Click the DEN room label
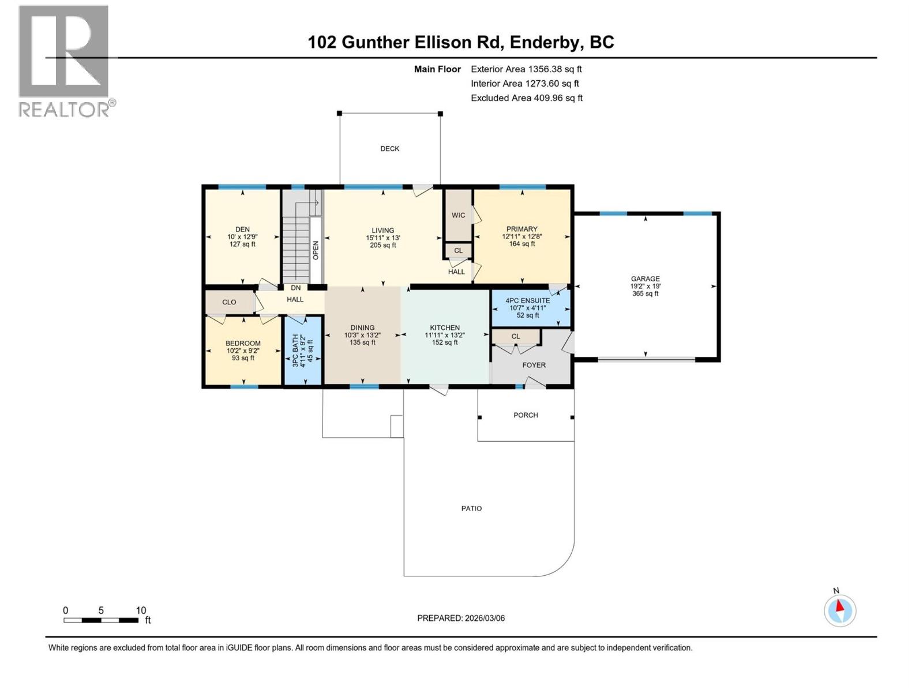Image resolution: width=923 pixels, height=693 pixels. pos(242,229)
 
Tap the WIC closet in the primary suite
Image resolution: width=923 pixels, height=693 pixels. pos(458,215)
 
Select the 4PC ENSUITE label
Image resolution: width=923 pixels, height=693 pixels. pos(527,300)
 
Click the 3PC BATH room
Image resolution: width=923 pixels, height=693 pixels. pos(302,351)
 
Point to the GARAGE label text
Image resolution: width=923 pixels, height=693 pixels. pos(645,278)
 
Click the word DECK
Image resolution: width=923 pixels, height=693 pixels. pos(389,148)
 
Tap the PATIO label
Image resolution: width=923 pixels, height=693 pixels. pos(471,508)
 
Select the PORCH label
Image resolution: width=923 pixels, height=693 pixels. pos(526,415)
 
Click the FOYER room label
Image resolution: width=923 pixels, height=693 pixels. pos(534,365)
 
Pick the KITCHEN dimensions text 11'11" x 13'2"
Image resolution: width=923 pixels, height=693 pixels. pos(445,335)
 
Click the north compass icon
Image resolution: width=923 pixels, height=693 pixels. pos(840,610)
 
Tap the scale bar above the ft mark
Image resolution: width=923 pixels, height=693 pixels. pos(101,620)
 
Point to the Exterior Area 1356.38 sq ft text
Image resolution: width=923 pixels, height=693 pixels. pos(526,69)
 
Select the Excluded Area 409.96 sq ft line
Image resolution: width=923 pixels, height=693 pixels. pos(526,98)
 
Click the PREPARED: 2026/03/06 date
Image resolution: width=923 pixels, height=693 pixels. pos(461,618)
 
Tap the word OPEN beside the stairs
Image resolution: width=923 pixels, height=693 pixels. pos(316,250)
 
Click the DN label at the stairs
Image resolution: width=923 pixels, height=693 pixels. pos(295,288)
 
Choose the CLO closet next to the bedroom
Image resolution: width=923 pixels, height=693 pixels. pos(229,302)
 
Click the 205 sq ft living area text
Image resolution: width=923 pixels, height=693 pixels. pos(382,245)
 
